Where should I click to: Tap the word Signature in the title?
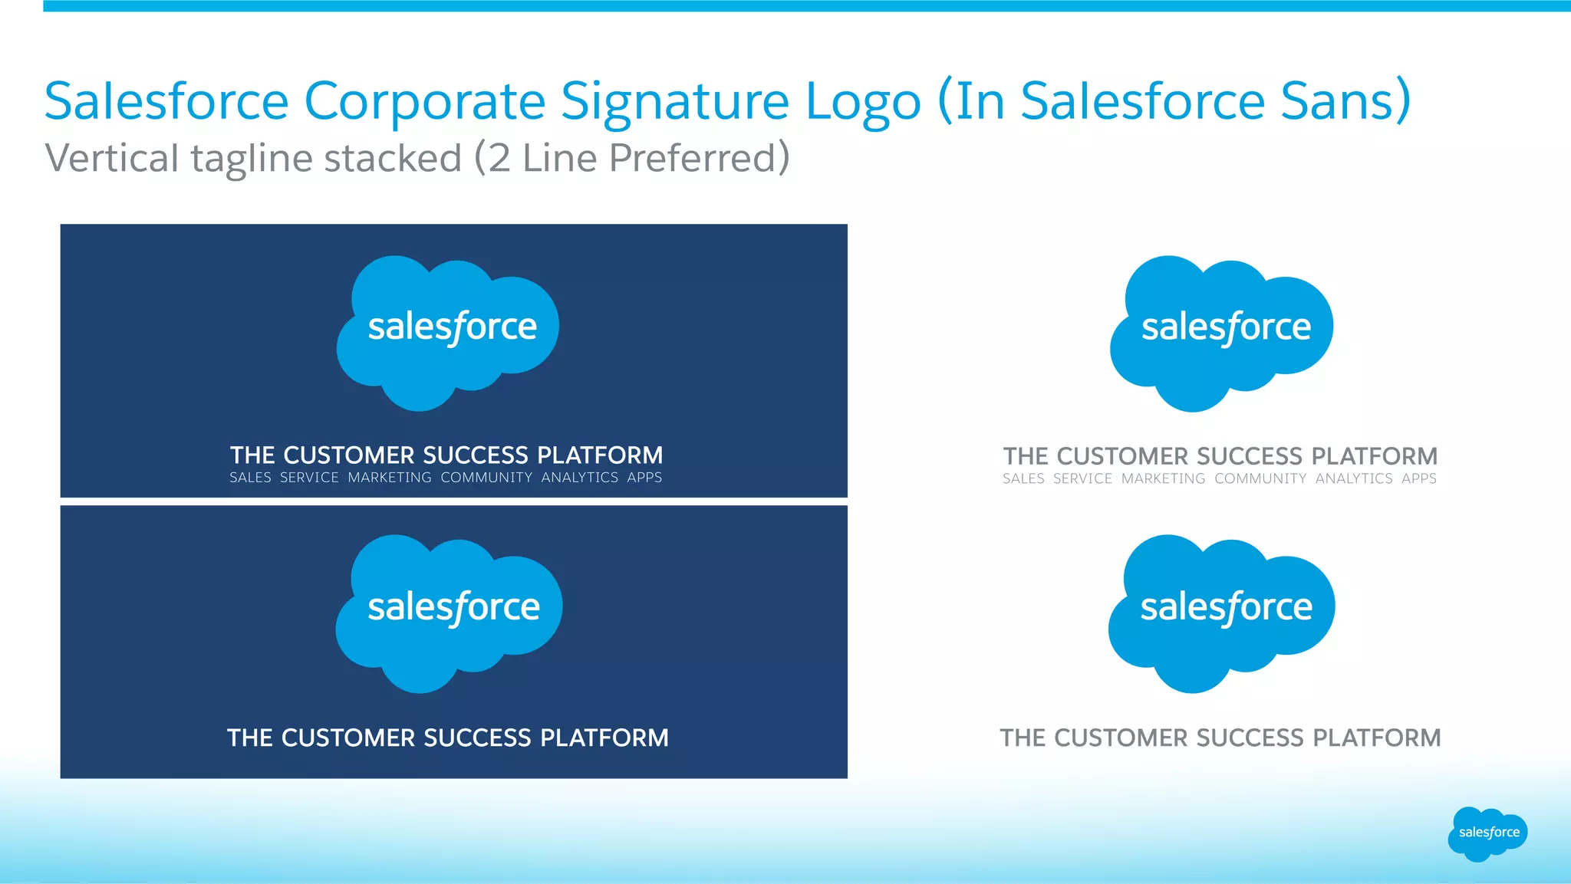[674, 101]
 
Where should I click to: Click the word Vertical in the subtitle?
[112, 158]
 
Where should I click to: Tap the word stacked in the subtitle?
[394, 158]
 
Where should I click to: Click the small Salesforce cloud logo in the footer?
[1487, 833]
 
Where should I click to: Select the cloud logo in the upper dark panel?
[450, 331]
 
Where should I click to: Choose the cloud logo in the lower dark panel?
[450, 611]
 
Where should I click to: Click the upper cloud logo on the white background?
[1223, 331]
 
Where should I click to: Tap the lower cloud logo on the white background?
[1223, 611]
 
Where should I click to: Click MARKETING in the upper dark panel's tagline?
[390, 478]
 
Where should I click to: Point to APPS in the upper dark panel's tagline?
[644, 478]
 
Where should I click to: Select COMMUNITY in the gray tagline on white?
[1260, 479]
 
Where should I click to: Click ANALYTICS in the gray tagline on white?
[1354, 479]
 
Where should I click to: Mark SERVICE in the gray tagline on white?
[1082, 479]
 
